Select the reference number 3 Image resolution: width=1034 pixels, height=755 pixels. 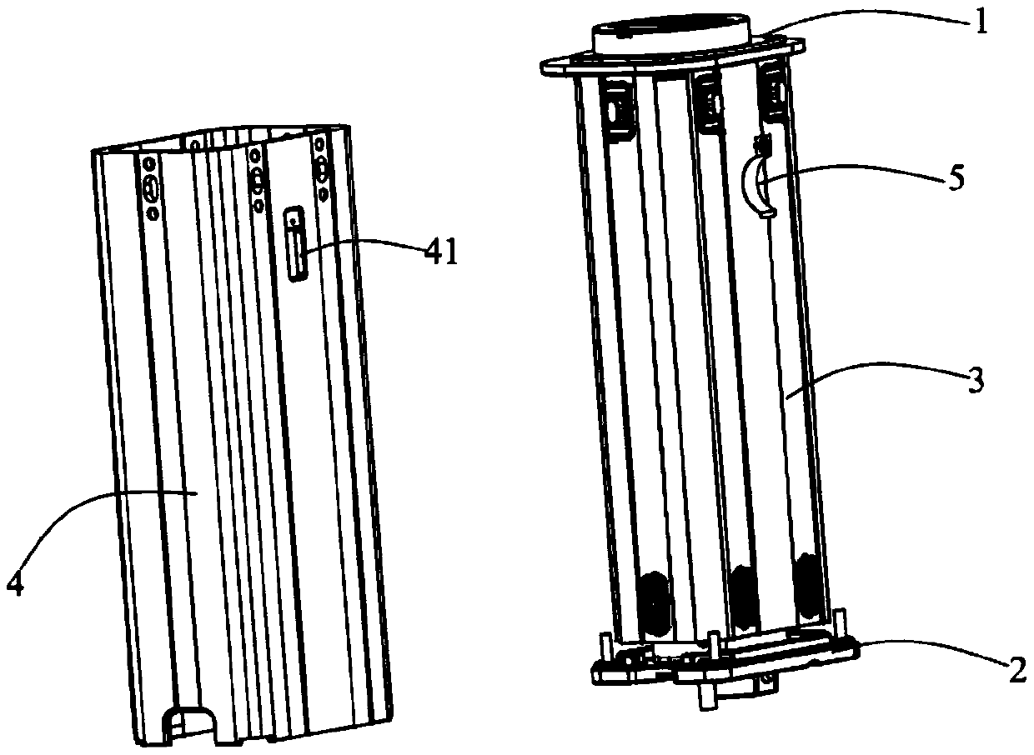click(x=976, y=382)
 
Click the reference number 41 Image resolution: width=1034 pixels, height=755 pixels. click(x=441, y=252)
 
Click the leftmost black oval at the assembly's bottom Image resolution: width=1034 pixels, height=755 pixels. click(x=654, y=601)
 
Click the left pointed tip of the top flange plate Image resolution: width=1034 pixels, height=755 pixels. click(x=541, y=67)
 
